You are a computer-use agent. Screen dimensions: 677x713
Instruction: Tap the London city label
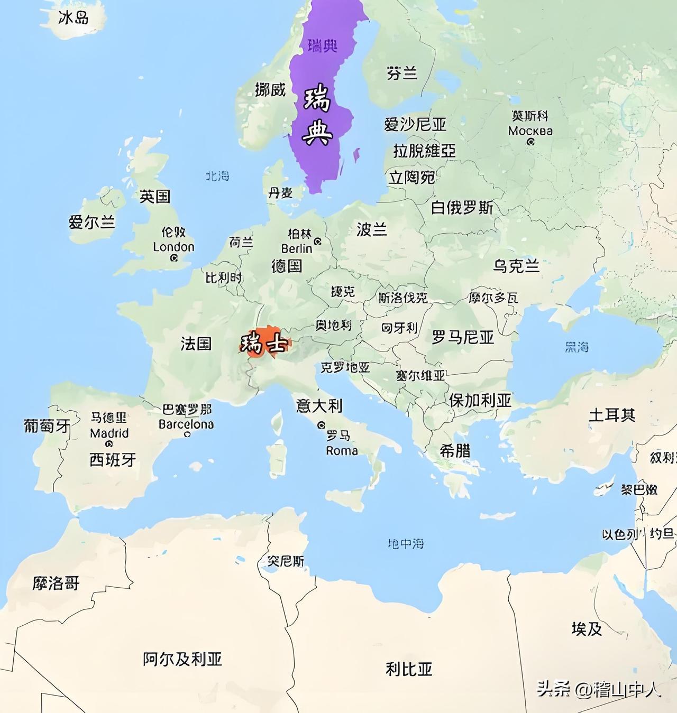click(173, 247)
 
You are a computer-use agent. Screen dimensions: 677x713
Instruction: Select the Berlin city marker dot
click(317, 242)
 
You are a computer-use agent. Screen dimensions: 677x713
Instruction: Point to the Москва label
click(530, 131)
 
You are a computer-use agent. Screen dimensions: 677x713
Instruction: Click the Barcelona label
click(186, 424)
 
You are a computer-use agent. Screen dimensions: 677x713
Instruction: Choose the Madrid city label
click(109, 433)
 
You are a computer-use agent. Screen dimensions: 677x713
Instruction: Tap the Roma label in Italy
click(342, 451)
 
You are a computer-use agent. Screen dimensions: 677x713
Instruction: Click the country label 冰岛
click(74, 18)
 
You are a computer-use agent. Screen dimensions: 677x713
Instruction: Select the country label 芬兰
click(402, 73)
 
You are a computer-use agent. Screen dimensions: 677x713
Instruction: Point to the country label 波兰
click(372, 229)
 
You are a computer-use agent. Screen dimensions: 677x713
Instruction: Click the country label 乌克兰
click(516, 265)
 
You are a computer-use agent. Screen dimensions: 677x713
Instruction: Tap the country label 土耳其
click(612, 415)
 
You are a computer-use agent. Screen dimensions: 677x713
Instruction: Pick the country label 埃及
click(587, 629)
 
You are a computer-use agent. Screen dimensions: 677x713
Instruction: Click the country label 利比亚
click(409, 669)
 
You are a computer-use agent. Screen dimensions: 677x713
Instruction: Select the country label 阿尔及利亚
click(182, 659)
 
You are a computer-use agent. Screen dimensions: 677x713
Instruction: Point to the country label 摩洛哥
click(56, 584)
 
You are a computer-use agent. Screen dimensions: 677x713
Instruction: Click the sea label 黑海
click(577, 347)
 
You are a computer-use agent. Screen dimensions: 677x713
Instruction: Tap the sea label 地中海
click(406, 543)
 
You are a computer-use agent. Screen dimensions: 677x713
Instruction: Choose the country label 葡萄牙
click(47, 425)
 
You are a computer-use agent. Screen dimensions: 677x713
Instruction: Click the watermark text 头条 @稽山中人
click(599, 689)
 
